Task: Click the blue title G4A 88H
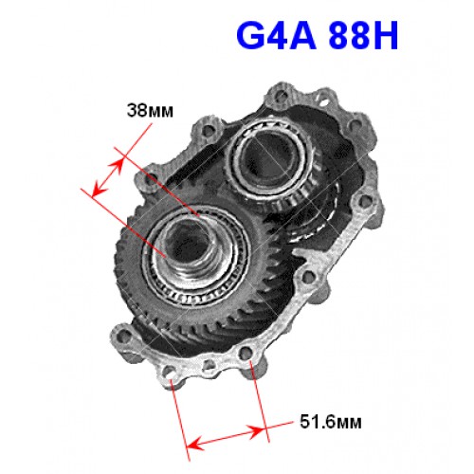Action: coord(317,35)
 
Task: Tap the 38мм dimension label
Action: coord(150,111)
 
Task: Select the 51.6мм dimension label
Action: coord(331,422)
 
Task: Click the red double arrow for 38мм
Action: coord(107,177)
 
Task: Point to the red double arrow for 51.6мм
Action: coord(225,437)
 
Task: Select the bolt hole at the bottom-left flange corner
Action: coord(122,335)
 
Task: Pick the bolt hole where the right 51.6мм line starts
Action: coord(246,354)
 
